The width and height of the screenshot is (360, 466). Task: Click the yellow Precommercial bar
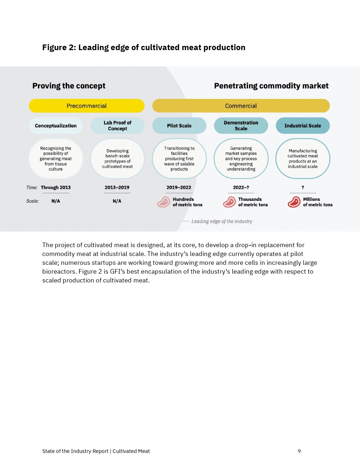pyautogui.click(x=86, y=106)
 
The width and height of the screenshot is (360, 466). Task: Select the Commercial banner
pyautogui.click(x=241, y=106)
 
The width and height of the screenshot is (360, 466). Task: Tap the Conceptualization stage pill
pyautogui.click(x=56, y=126)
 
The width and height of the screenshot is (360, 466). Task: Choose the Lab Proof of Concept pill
pyautogui.click(x=117, y=126)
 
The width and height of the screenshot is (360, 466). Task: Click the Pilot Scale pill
pyautogui.click(x=179, y=126)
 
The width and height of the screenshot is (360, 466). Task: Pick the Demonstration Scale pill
pyautogui.click(x=241, y=126)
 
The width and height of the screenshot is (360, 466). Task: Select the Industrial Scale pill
pyautogui.click(x=302, y=126)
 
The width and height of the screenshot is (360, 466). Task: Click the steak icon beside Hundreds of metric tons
pyautogui.click(x=163, y=202)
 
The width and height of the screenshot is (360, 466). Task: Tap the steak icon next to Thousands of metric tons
pyautogui.click(x=229, y=202)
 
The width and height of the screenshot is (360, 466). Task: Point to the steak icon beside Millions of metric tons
pyautogui.click(x=294, y=202)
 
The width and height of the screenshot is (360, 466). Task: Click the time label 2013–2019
pyautogui.click(x=117, y=187)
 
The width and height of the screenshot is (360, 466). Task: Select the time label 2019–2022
pyautogui.click(x=179, y=187)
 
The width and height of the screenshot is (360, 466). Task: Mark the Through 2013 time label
pyautogui.click(x=56, y=187)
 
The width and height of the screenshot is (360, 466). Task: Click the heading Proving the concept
pyautogui.click(x=69, y=86)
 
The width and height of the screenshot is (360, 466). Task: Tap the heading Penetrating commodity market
pyautogui.click(x=271, y=86)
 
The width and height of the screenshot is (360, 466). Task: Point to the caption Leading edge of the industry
pyautogui.click(x=222, y=221)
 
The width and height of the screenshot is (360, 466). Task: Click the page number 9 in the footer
pyautogui.click(x=299, y=451)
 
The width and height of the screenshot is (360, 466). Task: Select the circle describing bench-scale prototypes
pyautogui.click(x=117, y=159)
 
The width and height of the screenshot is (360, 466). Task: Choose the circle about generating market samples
pyautogui.click(x=241, y=159)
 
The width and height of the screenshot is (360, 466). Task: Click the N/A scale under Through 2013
pyautogui.click(x=56, y=201)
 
